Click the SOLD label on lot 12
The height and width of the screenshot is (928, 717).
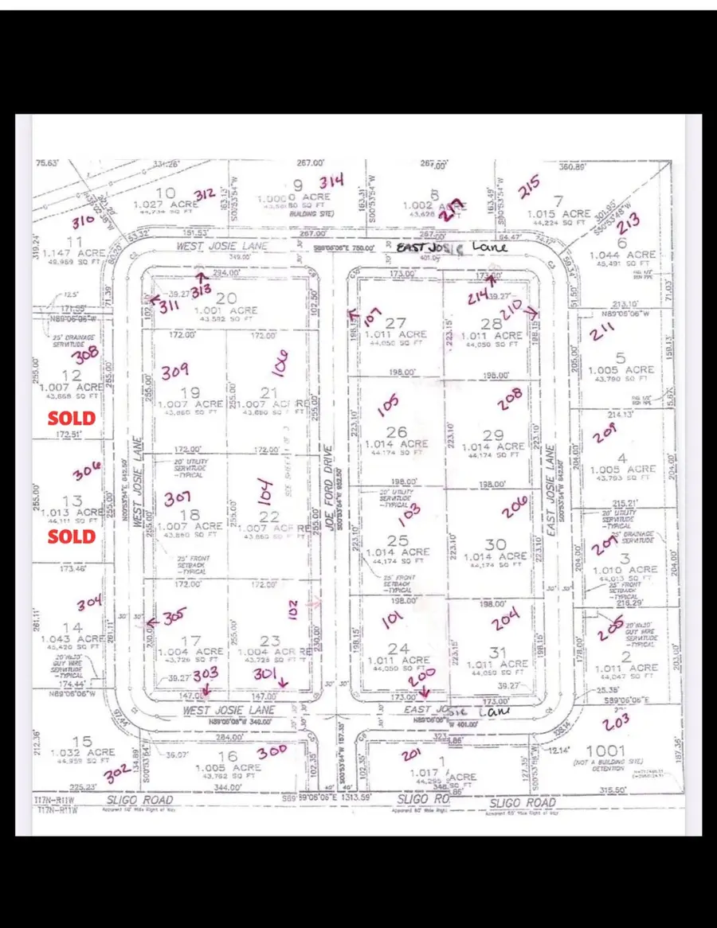(72, 418)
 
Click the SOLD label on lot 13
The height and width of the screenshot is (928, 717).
(72, 536)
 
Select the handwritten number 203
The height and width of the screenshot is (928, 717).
(616, 722)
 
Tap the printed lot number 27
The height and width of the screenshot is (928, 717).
(396, 323)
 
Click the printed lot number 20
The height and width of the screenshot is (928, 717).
(225, 298)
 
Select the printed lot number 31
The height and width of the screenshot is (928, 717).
(497, 653)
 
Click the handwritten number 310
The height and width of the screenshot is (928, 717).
(83, 220)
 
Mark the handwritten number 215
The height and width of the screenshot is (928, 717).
(529, 188)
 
